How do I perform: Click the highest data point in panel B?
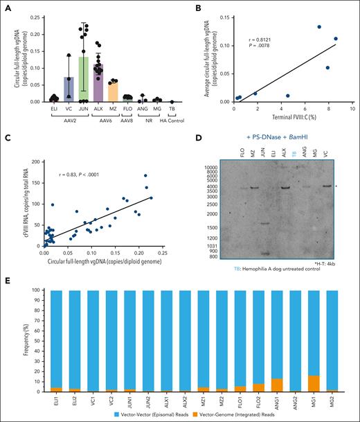(x=319, y=27)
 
